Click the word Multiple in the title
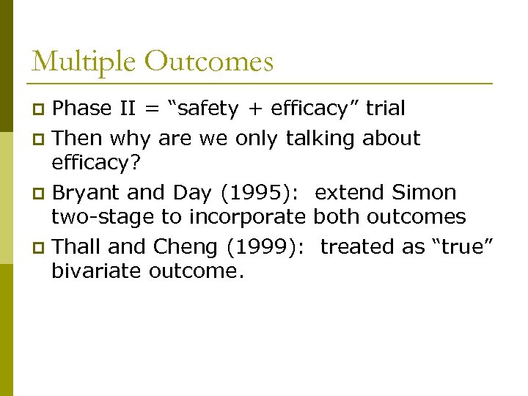point(83,62)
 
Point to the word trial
point(385,109)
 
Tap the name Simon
point(424,193)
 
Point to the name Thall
point(77,246)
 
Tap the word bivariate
point(97,271)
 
